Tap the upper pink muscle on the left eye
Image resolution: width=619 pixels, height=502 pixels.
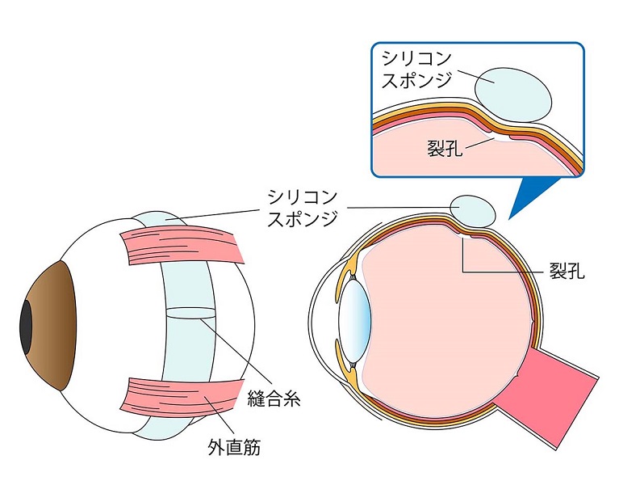(182, 247)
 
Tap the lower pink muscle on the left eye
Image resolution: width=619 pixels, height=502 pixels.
(181, 397)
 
